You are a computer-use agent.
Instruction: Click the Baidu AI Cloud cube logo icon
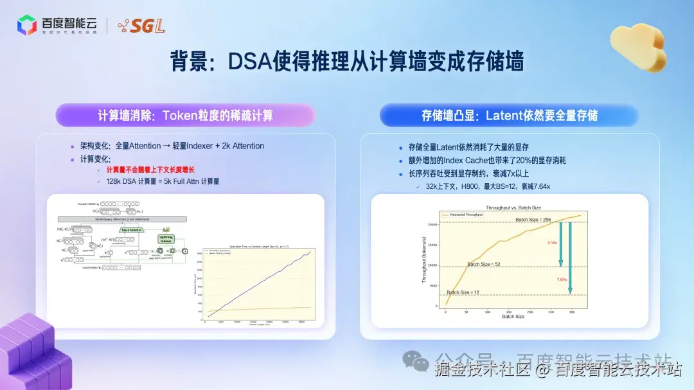click(x=27, y=25)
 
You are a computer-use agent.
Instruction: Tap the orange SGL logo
click(x=141, y=26)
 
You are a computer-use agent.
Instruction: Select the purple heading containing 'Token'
click(x=185, y=116)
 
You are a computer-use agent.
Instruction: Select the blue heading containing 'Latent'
click(x=509, y=116)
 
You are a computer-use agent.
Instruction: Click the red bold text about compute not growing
click(x=150, y=170)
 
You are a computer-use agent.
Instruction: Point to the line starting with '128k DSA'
click(x=163, y=181)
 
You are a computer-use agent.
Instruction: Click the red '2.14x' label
click(x=552, y=243)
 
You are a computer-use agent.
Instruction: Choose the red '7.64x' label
click(x=562, y=279)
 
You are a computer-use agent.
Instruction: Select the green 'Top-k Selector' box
click(x=130, y=229)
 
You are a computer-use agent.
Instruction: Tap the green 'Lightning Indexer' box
click(x=166, y=239)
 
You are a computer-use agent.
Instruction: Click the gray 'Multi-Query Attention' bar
click(x=122, y=219)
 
